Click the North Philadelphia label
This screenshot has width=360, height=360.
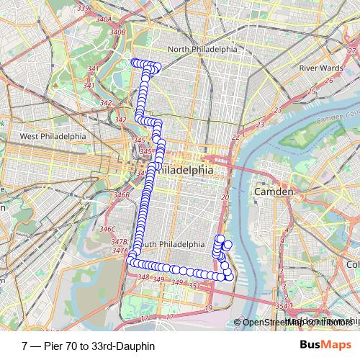coord(202,49)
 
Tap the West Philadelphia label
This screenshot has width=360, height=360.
coord(53,136)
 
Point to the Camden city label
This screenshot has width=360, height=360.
coord(274,192)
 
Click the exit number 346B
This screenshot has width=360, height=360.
coord(122,194)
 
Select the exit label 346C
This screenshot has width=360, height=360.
coord(107,229)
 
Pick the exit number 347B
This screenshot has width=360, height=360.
coord(120,242)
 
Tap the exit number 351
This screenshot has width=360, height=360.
coord(193,286)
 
